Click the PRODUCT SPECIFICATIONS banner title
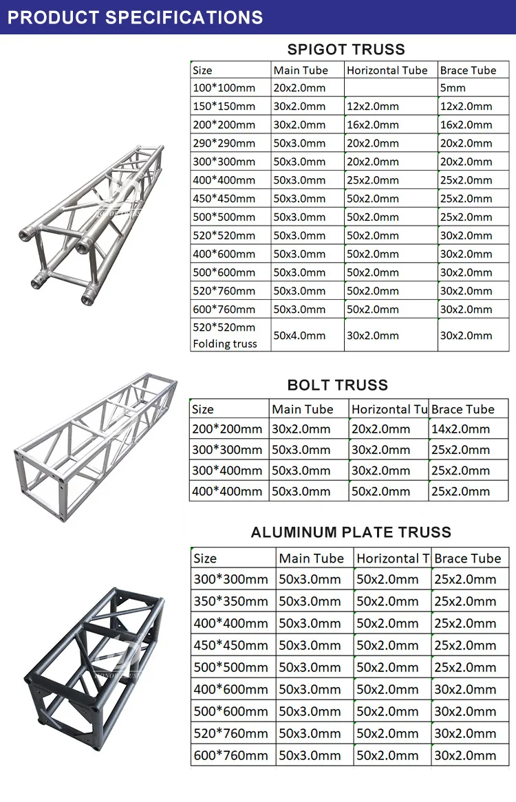(x=135, y=17)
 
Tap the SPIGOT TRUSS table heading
(x=346, y=49)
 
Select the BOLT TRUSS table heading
(x=338, y=384)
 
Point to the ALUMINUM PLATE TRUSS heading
(x=351, y=532)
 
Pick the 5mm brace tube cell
(x=453, y=88)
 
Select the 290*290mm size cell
(x=224, y=143)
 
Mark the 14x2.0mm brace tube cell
(x=460, y=429)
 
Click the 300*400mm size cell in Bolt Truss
(x=227, y=470)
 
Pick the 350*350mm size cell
(x=230, y=601)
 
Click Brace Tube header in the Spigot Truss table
(x=468, y=70)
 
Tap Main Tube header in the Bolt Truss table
(x=303, y=409)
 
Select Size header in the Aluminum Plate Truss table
(x=205, y=559)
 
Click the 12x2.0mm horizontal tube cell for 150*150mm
(x=372, y=107)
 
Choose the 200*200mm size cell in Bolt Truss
(x=227, y=429)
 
